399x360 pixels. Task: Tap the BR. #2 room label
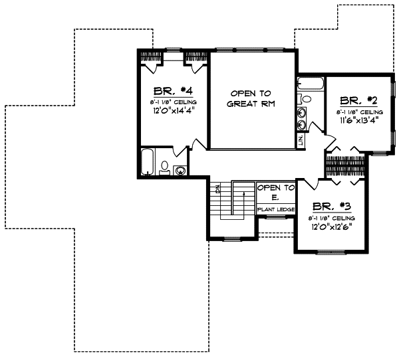pos(358,101)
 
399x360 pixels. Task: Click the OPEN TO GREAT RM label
pos(251,98)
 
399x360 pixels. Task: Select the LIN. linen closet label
pos(301,140)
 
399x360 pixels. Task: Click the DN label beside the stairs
pos(217,189)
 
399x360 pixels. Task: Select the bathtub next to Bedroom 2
pos(310,84)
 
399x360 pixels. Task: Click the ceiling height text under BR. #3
pos(331,218)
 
